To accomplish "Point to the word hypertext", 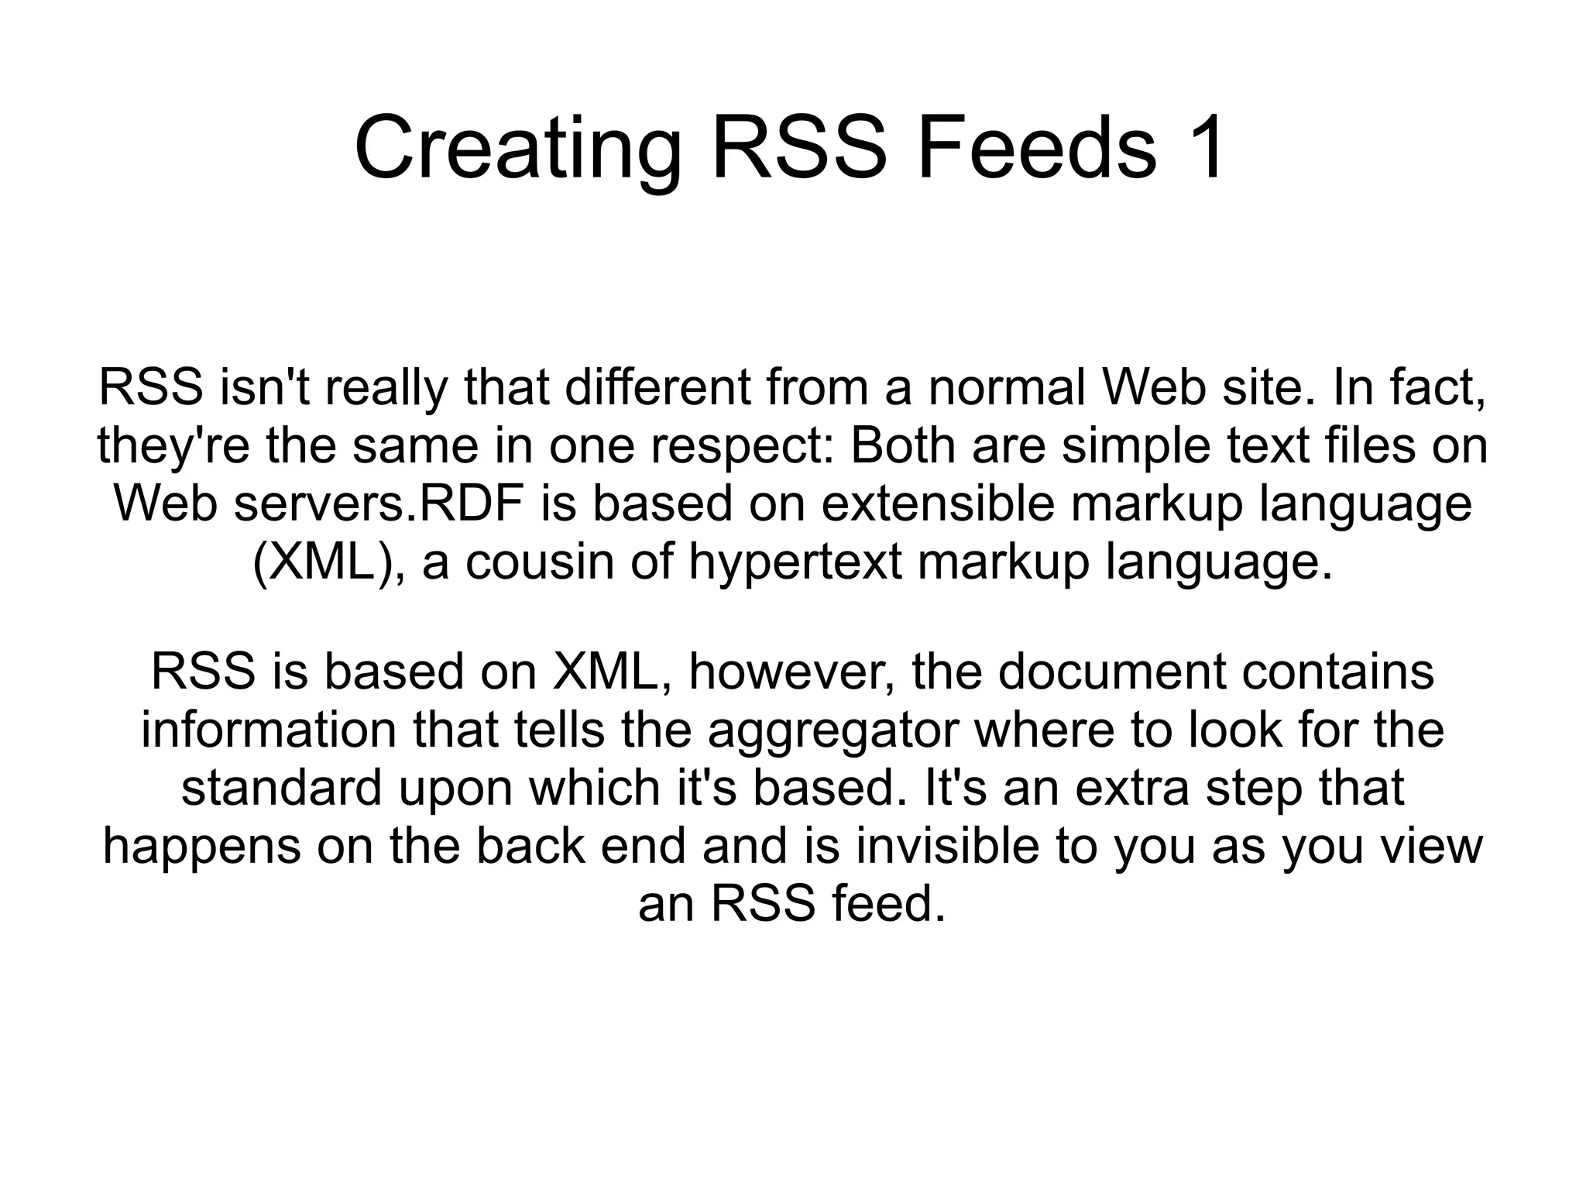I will [x=795, y=563].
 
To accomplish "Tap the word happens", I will [x=202, y=846].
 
